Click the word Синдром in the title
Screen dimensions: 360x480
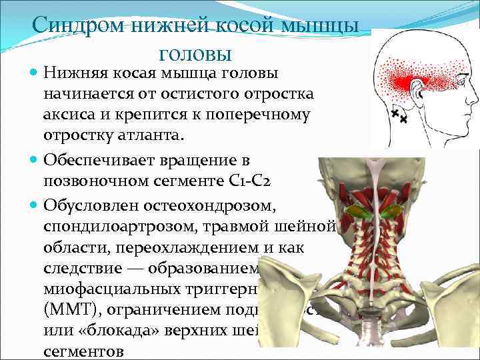(x=74, y=27)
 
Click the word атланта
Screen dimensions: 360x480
(x=147, y=135)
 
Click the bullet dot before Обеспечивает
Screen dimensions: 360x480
(x=33, y=161)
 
